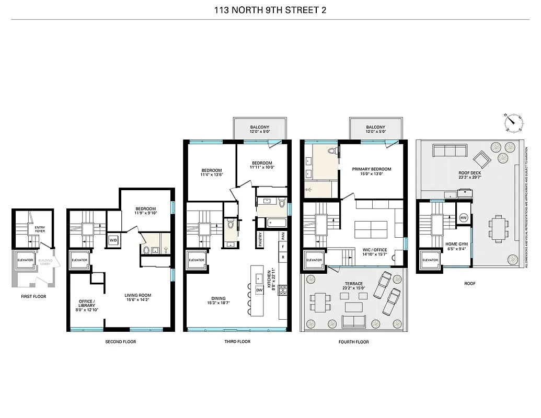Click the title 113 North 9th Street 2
pyautogui.click(x=270, y=9)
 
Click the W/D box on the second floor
pyautogui.click(x=113, y=241)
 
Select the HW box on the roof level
pyautogui.click(x=463, y=218)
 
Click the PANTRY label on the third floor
pyautogui.click(x=261, y=239)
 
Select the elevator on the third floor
pyautogui.click(x=197, y=260)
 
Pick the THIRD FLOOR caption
pyautogui.click(x=237, y=342)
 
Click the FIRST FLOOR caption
pyautogui.click(x=33, y=296)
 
